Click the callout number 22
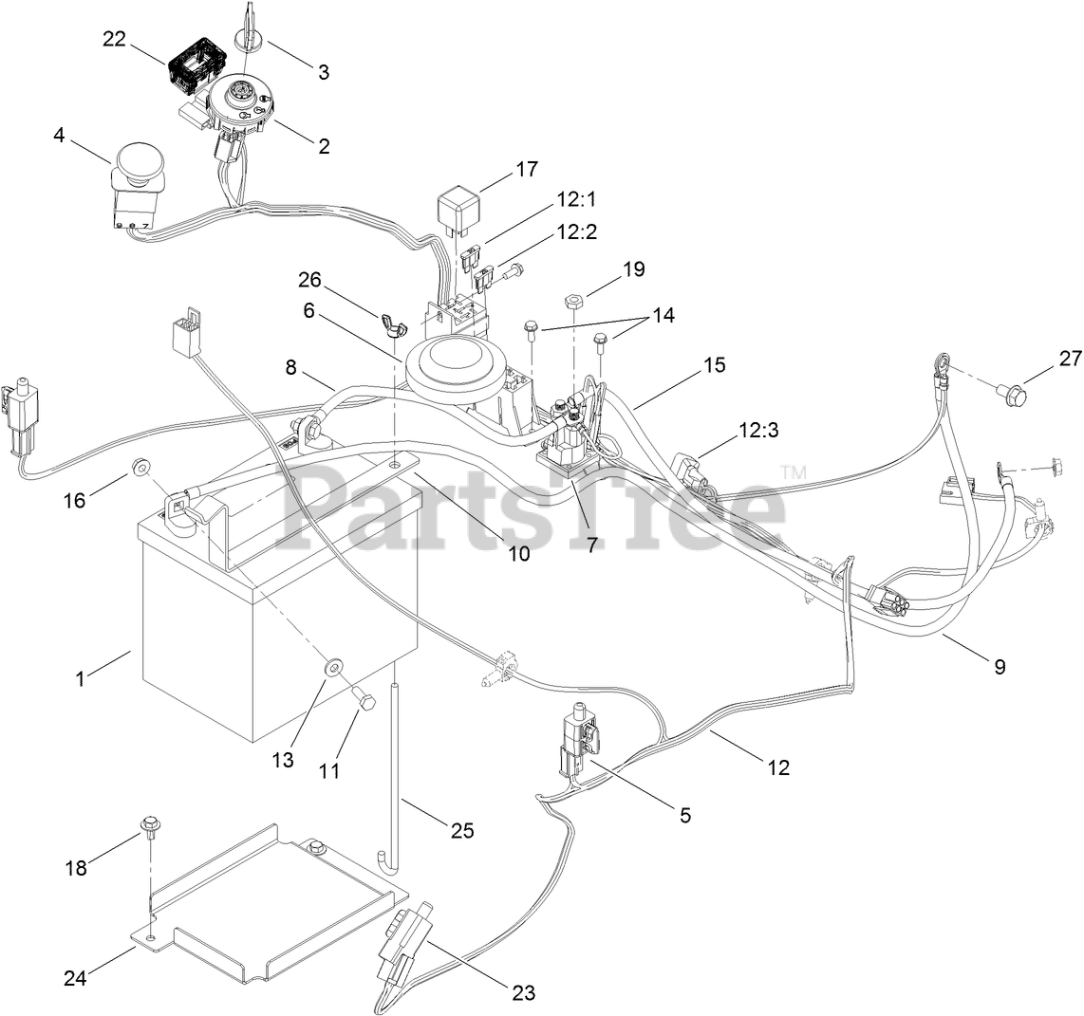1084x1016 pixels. (115, 39)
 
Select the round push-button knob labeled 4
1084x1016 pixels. (138, 165)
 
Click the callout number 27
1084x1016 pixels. (1045, 358)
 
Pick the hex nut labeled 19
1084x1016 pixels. (572, 302)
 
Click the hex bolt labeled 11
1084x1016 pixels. (364, 701)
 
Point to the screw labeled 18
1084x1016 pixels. (149, 826)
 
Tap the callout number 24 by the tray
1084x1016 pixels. (75, 977)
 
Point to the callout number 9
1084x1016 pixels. (999, 666)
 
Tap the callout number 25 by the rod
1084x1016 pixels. (461, 831)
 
